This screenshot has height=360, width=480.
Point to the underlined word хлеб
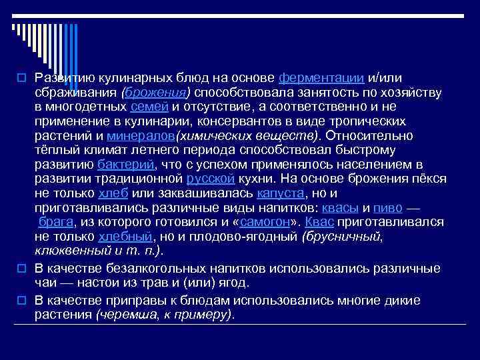pos(111,193)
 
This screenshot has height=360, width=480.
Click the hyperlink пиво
pos(388,207)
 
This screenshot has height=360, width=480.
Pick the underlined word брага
pos(56,222)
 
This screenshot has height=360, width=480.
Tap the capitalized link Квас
pos(319,222)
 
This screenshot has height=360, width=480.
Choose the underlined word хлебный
pos(125,237)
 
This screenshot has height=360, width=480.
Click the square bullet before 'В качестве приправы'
pos(21,301)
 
